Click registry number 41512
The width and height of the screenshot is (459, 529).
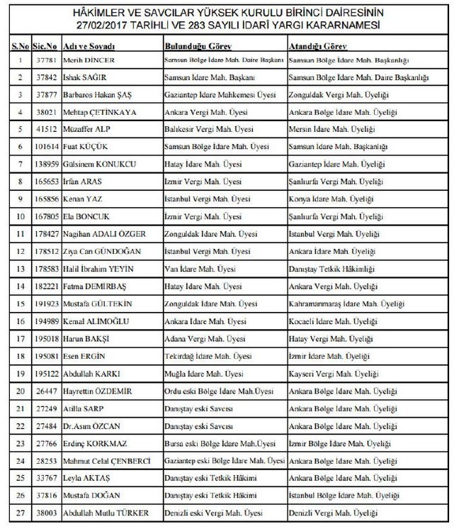44,129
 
